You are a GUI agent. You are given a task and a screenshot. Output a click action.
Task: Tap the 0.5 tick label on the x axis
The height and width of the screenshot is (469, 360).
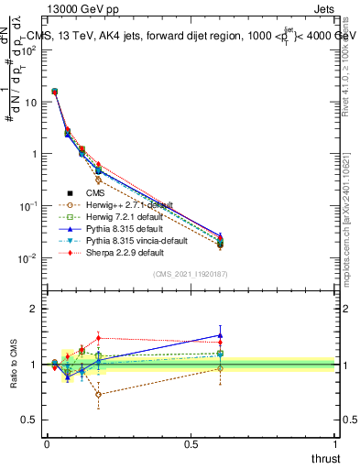point(191,443)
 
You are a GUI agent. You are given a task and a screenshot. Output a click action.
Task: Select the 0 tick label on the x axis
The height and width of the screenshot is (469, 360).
point(47,443)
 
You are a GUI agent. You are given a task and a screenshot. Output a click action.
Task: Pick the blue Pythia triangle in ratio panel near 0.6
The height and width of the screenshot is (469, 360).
point(219,335)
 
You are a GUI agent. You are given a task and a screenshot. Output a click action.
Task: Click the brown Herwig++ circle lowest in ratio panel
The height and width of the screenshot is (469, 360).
point(99,395)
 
